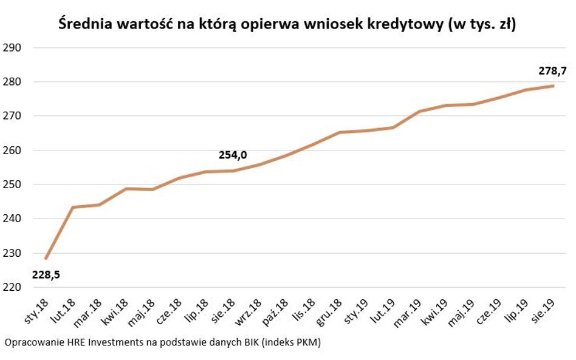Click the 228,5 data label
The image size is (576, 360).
[x=46, y=275]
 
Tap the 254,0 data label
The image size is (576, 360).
[x=233, y=155]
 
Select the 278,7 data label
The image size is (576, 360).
[x=552, y=71]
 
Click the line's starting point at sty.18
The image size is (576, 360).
[x=46, y=259]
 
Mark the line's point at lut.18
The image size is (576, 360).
[x=73, y=208]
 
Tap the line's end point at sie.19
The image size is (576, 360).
[x=553, y=86]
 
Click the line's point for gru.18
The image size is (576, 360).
[x=340, y=132]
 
